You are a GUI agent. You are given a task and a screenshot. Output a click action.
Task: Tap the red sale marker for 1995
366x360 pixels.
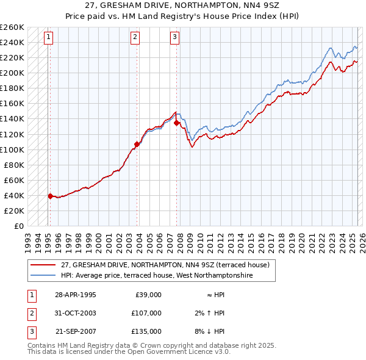[50, 196]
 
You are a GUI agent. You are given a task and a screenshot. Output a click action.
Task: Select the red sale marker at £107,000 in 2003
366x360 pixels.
[137, 144]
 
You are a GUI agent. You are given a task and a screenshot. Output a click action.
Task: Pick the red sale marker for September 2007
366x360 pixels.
[176, 123]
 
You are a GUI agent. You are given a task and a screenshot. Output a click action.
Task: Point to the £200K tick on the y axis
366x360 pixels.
[12, 73]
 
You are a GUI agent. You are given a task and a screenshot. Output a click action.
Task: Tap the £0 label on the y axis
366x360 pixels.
[19, 226]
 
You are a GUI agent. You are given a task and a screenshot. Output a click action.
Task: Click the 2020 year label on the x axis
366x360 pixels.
[301, 237]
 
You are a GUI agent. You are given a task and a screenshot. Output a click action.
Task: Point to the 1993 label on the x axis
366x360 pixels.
[28, 237]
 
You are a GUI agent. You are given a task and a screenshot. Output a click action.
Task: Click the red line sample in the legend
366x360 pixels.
[43, 265]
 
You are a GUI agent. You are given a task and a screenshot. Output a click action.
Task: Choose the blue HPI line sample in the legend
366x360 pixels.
[43, 275]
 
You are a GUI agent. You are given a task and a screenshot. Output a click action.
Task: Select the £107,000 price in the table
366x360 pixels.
[147, 313]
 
